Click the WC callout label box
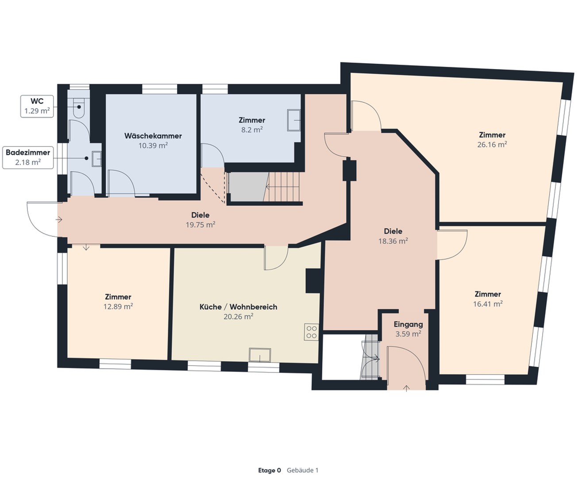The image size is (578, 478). tap(37, 106)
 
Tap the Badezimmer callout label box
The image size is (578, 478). tap(28, 157)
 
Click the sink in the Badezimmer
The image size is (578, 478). tap(96, 158)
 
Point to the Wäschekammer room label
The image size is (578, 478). tap(153, 136)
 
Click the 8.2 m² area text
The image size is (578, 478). tap(252, 130)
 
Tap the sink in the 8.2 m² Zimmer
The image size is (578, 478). tap(294, 120)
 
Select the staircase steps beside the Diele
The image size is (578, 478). tap(283, 186)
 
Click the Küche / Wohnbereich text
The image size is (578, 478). tap(238, 307)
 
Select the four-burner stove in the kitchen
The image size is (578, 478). tap(311, 332)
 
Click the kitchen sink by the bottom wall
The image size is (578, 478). tap(260, 355)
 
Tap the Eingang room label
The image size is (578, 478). tap(408, 324)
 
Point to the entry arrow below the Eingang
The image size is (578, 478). tap(407, 388)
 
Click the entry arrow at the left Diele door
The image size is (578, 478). tap(59, 219)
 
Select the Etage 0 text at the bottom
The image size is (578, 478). tap(270, 470)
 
